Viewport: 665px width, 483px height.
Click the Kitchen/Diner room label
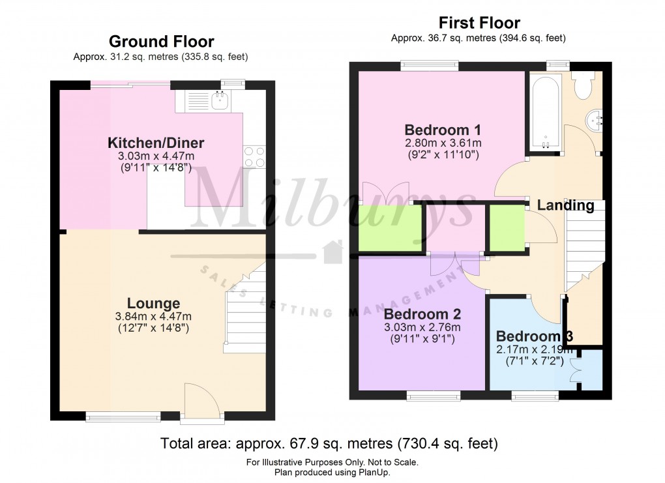pyautogui.click(x=156, y=143)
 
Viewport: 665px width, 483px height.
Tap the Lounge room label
pyautogui.click(x=153, y=303)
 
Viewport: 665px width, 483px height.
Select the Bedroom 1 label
pyautogui.click(x=437, y=128)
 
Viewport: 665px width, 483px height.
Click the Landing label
pyautogui.click(x=565, y=205)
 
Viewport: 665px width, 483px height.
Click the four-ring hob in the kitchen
pyautogui.click(x=254, y=156)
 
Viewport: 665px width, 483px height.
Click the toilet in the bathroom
pyautogui.click(x=582, y=83)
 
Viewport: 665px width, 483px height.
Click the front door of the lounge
pyautogui.click(x=199, y=401)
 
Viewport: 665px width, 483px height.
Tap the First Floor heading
pyautogui.click(x=479, y=23)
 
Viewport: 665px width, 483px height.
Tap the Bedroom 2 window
pyautogui.click(x=434, y=395)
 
